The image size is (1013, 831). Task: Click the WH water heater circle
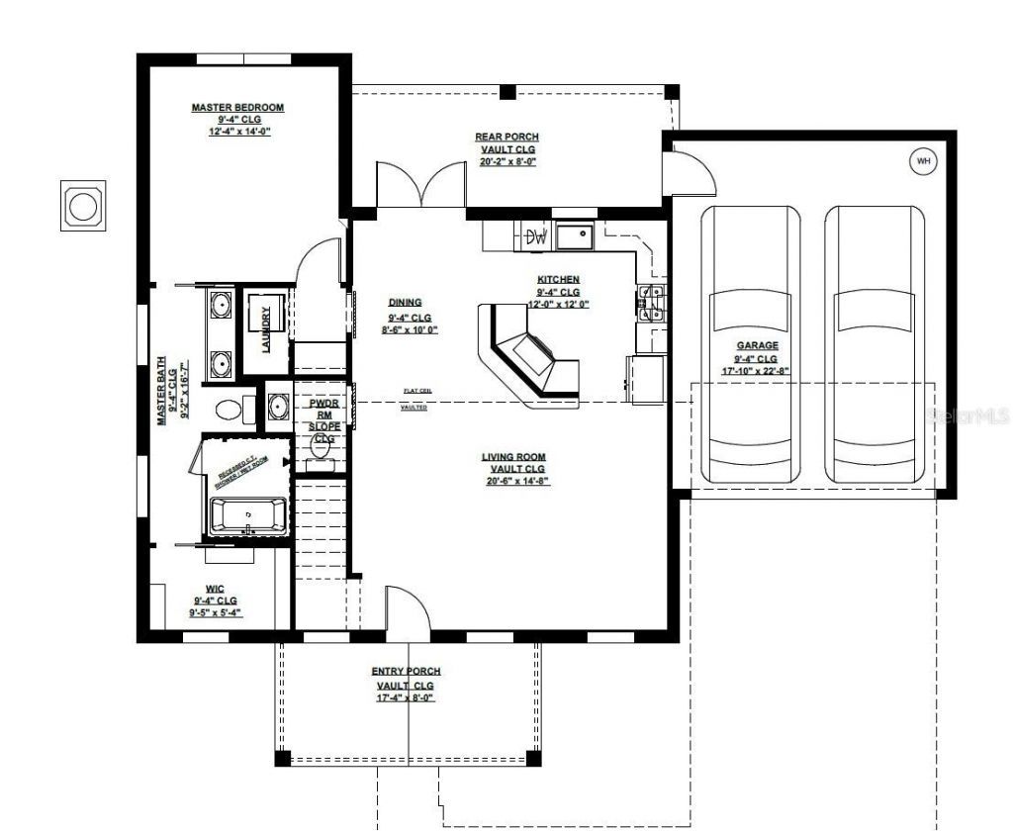[x=923, y=161]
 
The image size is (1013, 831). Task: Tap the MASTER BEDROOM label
[x=237, y=107]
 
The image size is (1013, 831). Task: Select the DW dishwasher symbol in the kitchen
[x=536, y=236]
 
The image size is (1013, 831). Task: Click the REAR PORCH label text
[x=506, y=137]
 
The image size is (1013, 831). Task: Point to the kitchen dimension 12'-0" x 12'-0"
[x=558, y=305]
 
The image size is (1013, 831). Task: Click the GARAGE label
[x=756, y=345]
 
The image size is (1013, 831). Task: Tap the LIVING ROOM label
[x=513, y=457]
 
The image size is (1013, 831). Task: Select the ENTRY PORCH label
[x=406, y=671]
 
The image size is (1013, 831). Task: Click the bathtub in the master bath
[x=247, y=515]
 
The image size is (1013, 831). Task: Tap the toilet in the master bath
[x=230, y=408]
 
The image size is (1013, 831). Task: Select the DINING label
[x=406, y=303]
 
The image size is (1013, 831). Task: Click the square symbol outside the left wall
[x=82, y=207]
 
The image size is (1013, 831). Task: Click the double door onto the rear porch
[x=420, y=185]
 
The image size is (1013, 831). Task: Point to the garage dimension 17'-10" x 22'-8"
[x=756, y=371]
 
